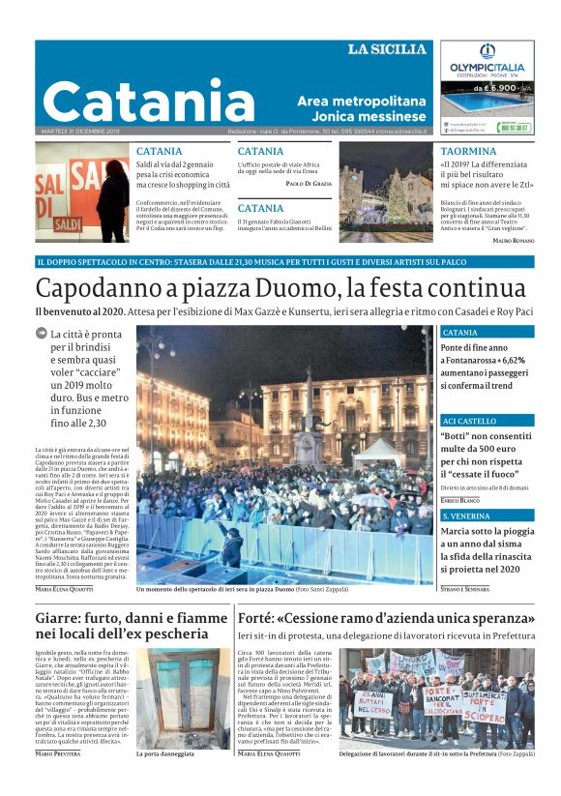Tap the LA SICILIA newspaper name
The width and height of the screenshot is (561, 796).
[x=387, y=49]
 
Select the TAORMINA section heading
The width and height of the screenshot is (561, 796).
[x=468, y=152]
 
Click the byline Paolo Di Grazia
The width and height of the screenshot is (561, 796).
[x=309, y=183]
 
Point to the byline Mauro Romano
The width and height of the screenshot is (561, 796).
[x=513, y=240]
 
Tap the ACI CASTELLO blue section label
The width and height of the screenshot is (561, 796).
[x=469, y=422]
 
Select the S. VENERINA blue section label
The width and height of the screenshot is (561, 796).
[x=466, y=517]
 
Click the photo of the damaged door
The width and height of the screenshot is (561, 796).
[x=184, y=695]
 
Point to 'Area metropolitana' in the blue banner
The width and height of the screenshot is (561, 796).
[x=361, y=101]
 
